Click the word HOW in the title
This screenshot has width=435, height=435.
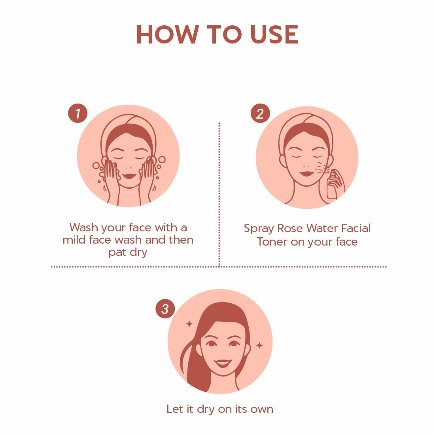168,34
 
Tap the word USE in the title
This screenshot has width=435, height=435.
274,34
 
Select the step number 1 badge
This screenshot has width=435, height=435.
78,113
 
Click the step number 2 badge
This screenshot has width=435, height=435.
260,113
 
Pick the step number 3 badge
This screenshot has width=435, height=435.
165,308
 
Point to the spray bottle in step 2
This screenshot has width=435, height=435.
331,185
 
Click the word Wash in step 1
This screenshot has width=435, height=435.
84,227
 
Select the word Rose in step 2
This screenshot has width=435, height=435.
290,228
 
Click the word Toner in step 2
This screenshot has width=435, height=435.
272,242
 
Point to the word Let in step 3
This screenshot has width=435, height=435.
174,409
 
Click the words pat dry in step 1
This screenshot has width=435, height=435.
128,253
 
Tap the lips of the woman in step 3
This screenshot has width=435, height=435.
223,363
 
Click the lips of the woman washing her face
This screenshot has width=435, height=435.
129,176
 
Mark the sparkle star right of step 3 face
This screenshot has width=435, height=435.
259,345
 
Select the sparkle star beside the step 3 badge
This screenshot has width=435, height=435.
189,323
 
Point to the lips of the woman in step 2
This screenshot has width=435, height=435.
306,173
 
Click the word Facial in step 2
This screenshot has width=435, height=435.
356,228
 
